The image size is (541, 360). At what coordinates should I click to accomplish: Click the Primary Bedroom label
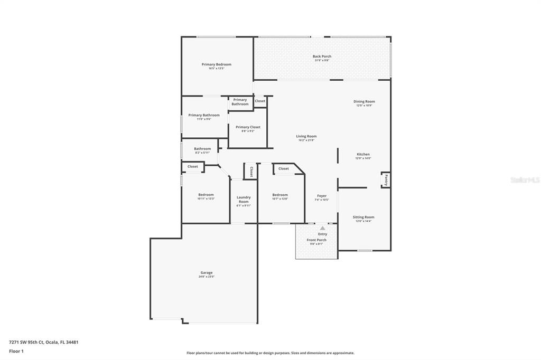click(216, 64)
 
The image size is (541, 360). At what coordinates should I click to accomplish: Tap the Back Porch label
click(322, 56)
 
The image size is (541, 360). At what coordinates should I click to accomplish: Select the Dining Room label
click(364, 101)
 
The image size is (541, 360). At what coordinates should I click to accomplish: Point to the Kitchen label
click(363, 154)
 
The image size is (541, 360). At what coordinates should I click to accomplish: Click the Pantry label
click(386, 179)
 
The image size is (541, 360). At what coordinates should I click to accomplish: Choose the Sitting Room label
click(363, 217)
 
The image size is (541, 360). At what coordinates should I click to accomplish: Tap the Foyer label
click(322, 196)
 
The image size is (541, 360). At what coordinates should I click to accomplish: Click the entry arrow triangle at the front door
click(322, 228)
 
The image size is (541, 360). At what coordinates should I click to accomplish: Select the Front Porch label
click(316, 240)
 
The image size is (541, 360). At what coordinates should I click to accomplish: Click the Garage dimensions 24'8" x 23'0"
click(207, 277)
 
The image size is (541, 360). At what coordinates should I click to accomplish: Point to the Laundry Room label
click(244, 199)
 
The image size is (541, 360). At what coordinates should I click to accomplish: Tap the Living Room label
click(306, 136)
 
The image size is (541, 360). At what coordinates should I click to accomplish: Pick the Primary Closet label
click(248, 127)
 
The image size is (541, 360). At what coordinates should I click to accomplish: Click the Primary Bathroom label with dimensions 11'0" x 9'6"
click(204, 115)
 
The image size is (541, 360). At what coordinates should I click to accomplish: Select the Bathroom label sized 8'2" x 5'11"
click(202, 149)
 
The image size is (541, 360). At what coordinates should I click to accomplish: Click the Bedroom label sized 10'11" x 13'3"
click(206, 195)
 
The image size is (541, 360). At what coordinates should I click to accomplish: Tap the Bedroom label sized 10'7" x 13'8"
click(280, 195)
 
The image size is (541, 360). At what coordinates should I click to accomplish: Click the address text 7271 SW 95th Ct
click(29, 342)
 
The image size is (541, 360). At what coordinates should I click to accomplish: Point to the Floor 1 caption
click(16, 351)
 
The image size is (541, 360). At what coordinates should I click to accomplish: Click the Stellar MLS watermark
click(525, 180)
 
